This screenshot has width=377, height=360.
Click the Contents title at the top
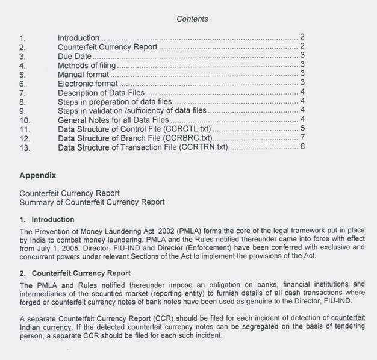(x=192, y=19)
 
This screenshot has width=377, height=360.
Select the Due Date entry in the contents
(x=75, y=56)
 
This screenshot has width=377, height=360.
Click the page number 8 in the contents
(x=302, y=148)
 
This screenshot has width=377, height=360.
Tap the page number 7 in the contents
(x=302, y=138)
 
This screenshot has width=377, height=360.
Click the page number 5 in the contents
(x=302, y=129)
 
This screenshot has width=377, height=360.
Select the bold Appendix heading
(x=38, y=176)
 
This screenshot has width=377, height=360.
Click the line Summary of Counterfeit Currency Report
(x=92, y=202)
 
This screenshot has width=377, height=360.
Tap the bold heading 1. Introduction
(x=47, y=219)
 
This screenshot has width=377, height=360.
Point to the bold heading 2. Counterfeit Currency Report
(x=75, y=273)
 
